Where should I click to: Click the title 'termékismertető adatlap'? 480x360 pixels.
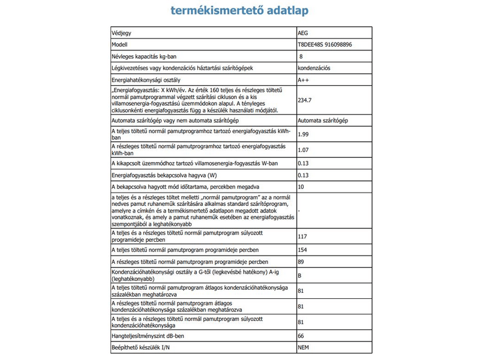coord(240,11)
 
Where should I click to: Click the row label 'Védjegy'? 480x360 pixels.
coord(122,33)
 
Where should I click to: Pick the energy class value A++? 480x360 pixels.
coord(304,80)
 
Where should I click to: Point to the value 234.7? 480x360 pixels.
coord(305,100)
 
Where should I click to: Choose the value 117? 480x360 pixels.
coord(302,236)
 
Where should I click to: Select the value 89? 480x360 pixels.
coord(301,262)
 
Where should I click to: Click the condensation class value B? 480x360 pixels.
coord(299,277)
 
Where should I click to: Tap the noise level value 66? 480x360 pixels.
coord(301,337)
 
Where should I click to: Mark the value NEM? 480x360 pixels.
coord(304,348)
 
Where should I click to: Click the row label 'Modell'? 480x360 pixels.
coord(120,44)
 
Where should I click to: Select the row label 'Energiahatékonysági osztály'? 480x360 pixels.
coord(146,80)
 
